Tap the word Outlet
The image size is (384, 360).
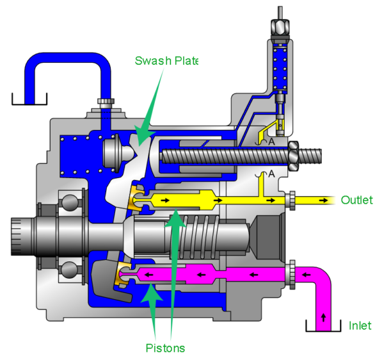pos(356,200)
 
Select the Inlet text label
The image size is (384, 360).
pos(360,325)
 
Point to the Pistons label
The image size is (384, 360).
pos(164,348)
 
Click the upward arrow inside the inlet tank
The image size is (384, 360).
pos(322,317)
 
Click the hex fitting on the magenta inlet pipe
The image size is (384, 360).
pos(292,274)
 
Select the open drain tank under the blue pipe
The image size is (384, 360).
pos(29,99)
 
